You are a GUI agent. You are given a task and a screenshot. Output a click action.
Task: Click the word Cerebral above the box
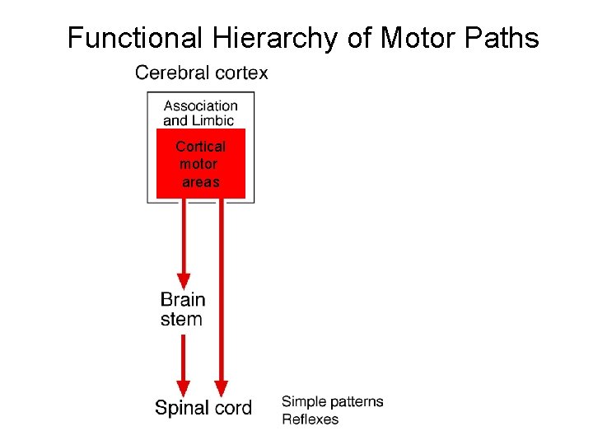pyautogui.click(x=171, y=73)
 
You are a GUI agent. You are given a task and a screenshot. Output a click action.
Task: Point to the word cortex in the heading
pyautogui.click(x=240, y=73)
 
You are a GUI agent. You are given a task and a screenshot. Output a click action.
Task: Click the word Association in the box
pyautogui.click(x=200, y=105)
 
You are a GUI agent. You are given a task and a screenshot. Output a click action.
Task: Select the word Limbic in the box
pyautogui.click(x=214, y=120)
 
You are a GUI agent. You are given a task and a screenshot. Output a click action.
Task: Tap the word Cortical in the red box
pyautogui.click(x=200, y=147)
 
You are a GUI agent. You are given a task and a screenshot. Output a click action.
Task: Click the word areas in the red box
pyautogui.click(x=201, y=182)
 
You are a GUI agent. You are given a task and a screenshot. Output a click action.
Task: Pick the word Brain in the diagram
pyautogui.click(x=183, y=300)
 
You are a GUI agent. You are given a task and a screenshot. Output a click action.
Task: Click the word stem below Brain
pyautogui.click(x=181, y=319)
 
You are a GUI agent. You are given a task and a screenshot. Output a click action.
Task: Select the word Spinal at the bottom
pyautogui.click(x=183, y=408)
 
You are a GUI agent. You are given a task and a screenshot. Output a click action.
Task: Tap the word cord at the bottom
pyautogui.click(x=234, y=408)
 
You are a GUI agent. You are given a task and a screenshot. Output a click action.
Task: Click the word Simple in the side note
pyautogui.click(x=303, y=402)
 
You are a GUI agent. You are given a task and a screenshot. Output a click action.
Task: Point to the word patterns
pyautogui.click(x=356, y=402)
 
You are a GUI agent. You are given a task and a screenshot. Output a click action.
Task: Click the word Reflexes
pyautogui.click(x=310, y=419)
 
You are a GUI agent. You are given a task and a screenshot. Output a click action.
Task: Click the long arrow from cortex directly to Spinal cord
pyautogui.click(x=221, y=297)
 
